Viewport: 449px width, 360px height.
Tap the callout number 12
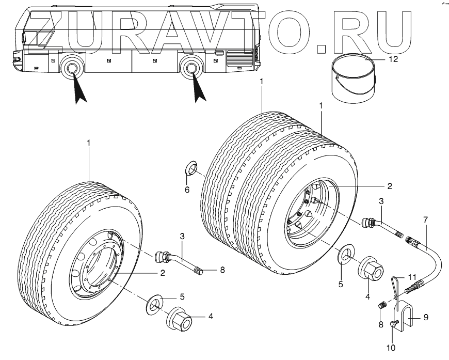tap(393, 59)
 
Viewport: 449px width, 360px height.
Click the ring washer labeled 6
tap(191, 168)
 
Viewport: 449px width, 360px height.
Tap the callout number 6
tap(187, 190)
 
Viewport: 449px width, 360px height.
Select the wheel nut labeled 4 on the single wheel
tap(179, 321)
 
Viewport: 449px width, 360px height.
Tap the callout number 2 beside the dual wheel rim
tap(390, 185)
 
